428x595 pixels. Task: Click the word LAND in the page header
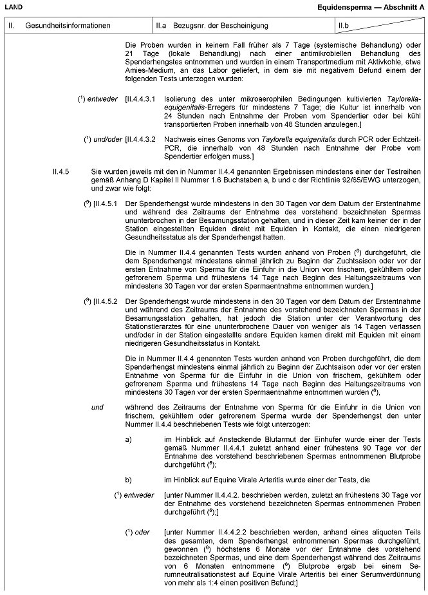click(12, 6)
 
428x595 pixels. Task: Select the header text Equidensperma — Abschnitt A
click(371, 6)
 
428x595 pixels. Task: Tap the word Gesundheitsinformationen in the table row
click(68, 26)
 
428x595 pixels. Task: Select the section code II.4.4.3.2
click(143, 139)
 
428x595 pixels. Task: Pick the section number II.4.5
click(62, 171)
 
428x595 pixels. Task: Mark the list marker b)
click(129, 480)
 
